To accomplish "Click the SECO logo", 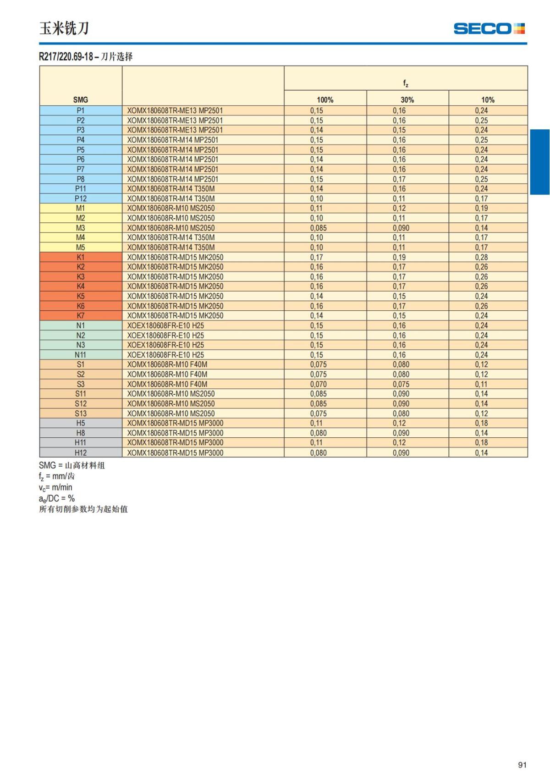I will click(489, 28).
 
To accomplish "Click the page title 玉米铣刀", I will click(64, 28).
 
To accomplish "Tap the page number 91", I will click(522, 765).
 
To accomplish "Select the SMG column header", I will click(81, 99).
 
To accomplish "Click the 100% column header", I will click(325, 99).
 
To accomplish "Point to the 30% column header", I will click(407, 99).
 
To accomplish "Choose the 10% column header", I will click(488, 99).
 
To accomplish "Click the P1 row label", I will click(81, 110).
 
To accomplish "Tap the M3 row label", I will click(81, 228).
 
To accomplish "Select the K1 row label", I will click(81, 257).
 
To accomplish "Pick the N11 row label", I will click(81, 355).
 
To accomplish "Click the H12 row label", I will click(81, 452).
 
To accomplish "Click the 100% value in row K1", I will click(316, 257).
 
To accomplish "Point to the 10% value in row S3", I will click(481, 384).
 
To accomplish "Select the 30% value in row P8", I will click(399, 179).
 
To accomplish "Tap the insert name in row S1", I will click(167, 364).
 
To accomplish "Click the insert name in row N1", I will click(165, 326).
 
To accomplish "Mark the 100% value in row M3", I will click(318, 228).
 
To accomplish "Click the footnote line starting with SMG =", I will click(72, 465).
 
